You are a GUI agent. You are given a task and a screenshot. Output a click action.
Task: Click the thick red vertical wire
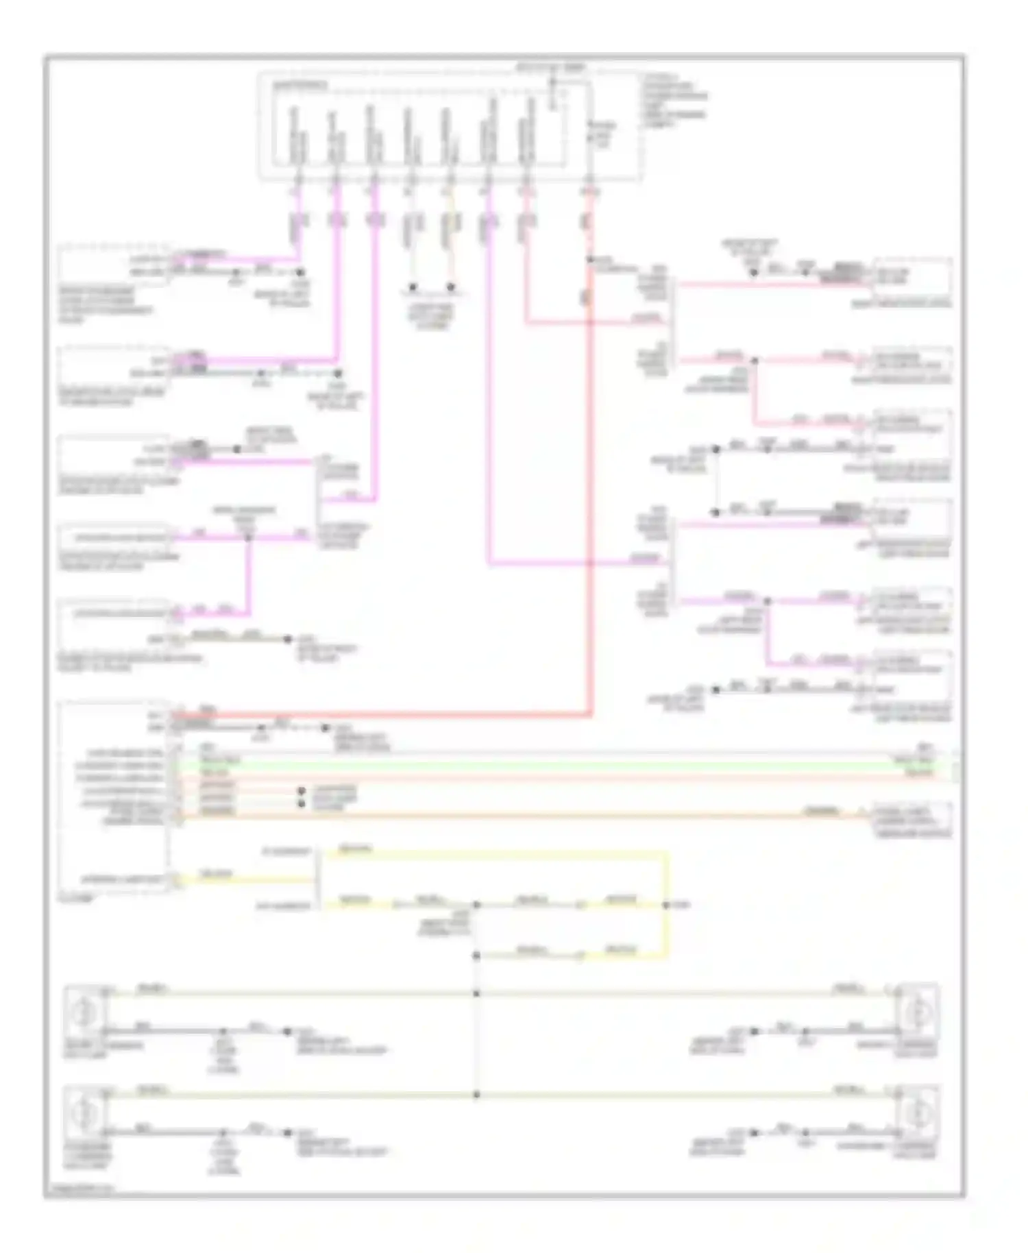589,480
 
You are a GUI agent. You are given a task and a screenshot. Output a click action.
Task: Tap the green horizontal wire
548,762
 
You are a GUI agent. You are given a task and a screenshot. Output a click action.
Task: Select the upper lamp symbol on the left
84,1010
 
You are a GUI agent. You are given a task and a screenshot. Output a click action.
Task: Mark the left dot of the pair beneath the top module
413,287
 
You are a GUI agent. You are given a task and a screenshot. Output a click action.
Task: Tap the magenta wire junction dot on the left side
249,537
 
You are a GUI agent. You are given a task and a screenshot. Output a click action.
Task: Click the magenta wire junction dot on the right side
768,601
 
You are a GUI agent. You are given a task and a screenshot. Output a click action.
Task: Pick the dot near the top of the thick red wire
589,260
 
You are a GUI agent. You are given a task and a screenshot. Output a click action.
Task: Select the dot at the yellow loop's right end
665,905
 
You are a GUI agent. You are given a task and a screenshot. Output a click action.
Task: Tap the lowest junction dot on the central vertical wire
477,1095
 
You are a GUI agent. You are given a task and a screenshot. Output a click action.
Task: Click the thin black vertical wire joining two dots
717,480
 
